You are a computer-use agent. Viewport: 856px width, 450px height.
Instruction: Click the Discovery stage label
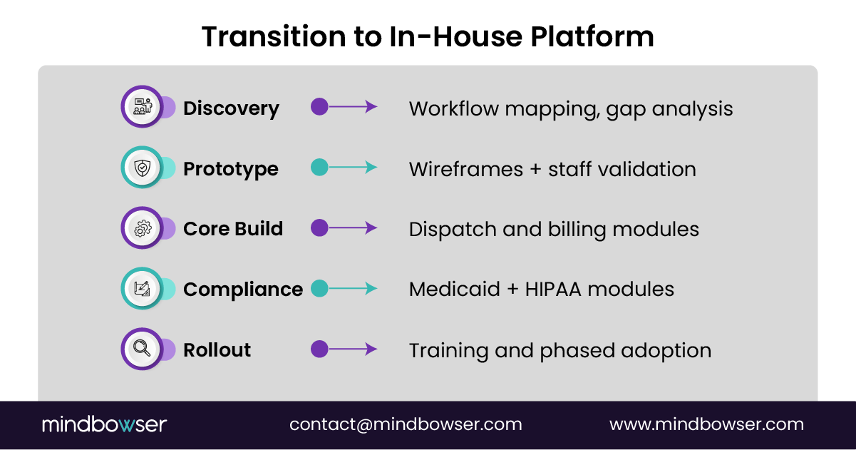(x=231, y=108)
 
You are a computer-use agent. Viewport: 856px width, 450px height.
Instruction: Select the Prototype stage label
(x=231, y=169)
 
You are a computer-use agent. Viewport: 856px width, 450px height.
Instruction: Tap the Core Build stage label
(x=233, y=229)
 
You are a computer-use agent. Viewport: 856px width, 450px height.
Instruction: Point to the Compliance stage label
(x=243, y=290)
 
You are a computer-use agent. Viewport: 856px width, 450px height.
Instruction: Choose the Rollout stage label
(x=217, y=350)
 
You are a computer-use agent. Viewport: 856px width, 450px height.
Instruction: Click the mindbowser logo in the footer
(x=104, y=424)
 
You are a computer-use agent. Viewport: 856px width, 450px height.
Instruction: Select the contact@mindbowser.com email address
(x=406, y=424)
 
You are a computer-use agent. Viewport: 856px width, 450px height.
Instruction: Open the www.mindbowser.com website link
(x=706, y=424)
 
